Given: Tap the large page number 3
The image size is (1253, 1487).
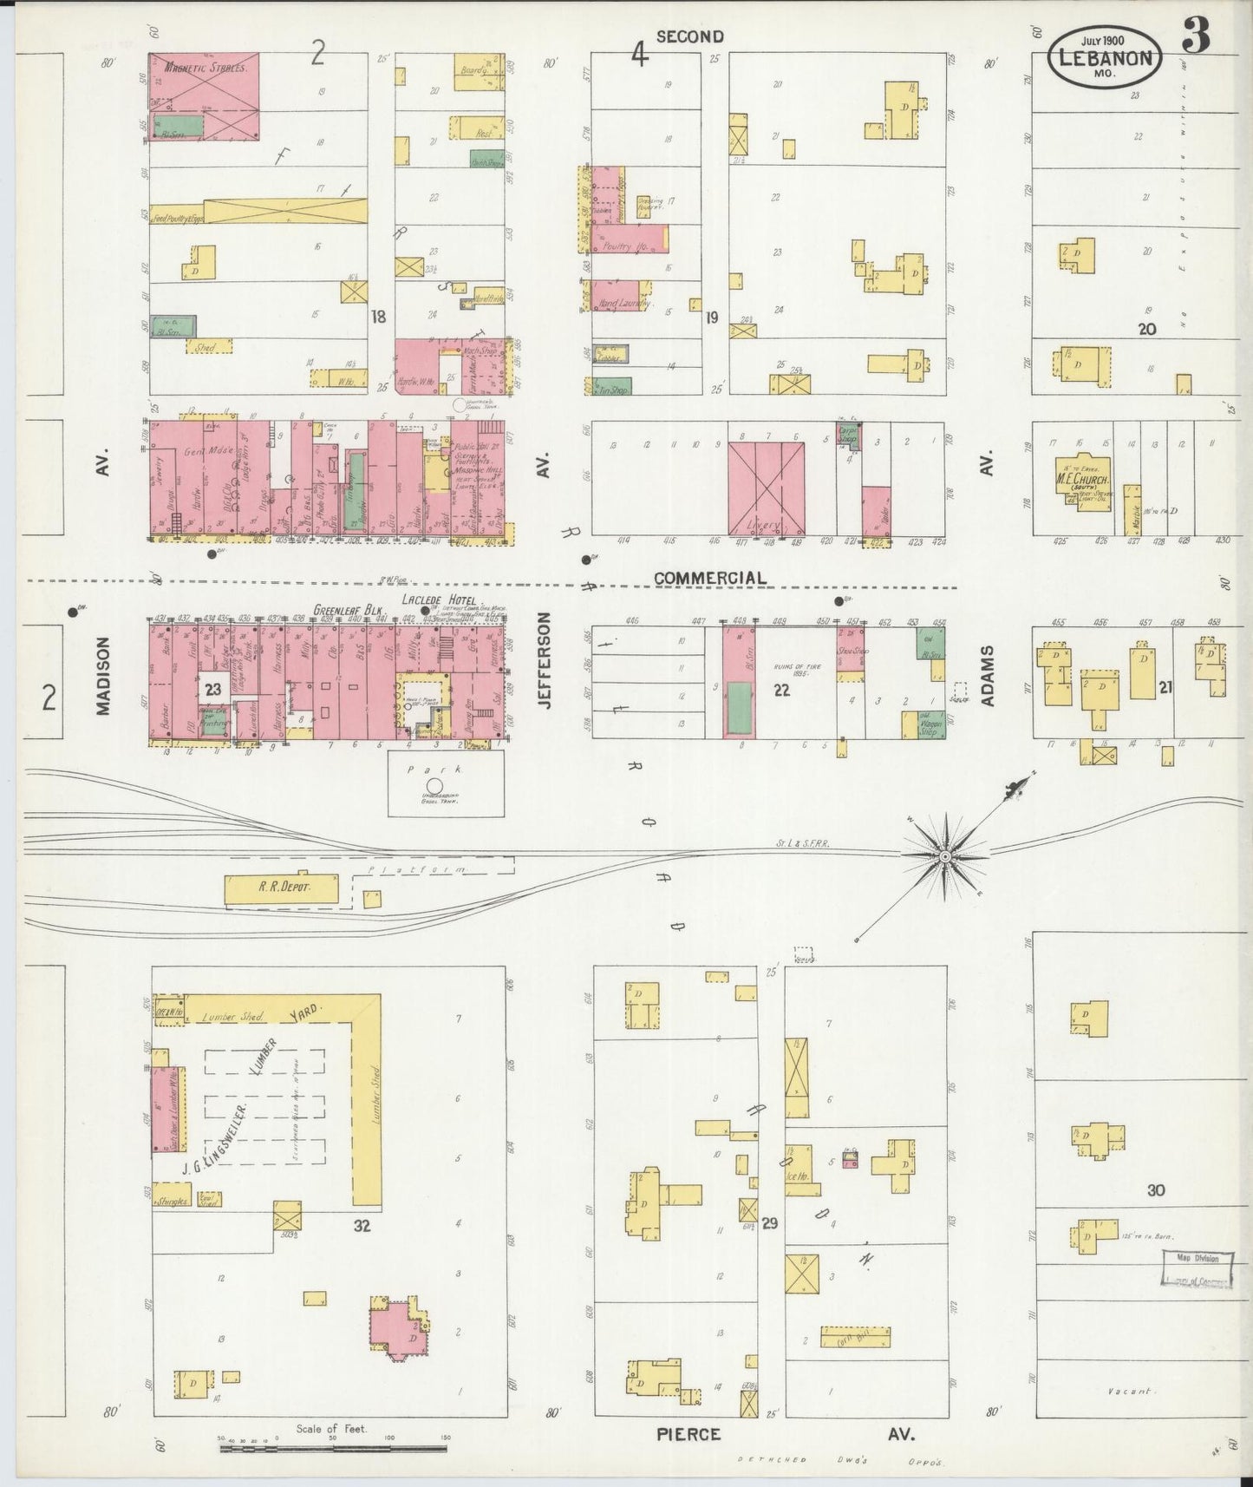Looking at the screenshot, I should click(1196, 36).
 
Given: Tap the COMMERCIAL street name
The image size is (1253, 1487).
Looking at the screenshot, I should click(709, 578).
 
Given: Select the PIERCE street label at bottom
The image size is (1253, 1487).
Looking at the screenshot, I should click(688, 1434).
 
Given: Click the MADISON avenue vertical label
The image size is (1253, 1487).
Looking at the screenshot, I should click(103, 677).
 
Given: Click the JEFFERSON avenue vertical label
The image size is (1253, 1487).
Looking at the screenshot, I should click(545, 661).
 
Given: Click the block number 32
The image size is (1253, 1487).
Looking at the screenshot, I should click(362, 1225).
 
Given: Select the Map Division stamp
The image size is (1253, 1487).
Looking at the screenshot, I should click(1197, 1258).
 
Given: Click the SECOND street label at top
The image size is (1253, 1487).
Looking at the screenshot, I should click(689, 36).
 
